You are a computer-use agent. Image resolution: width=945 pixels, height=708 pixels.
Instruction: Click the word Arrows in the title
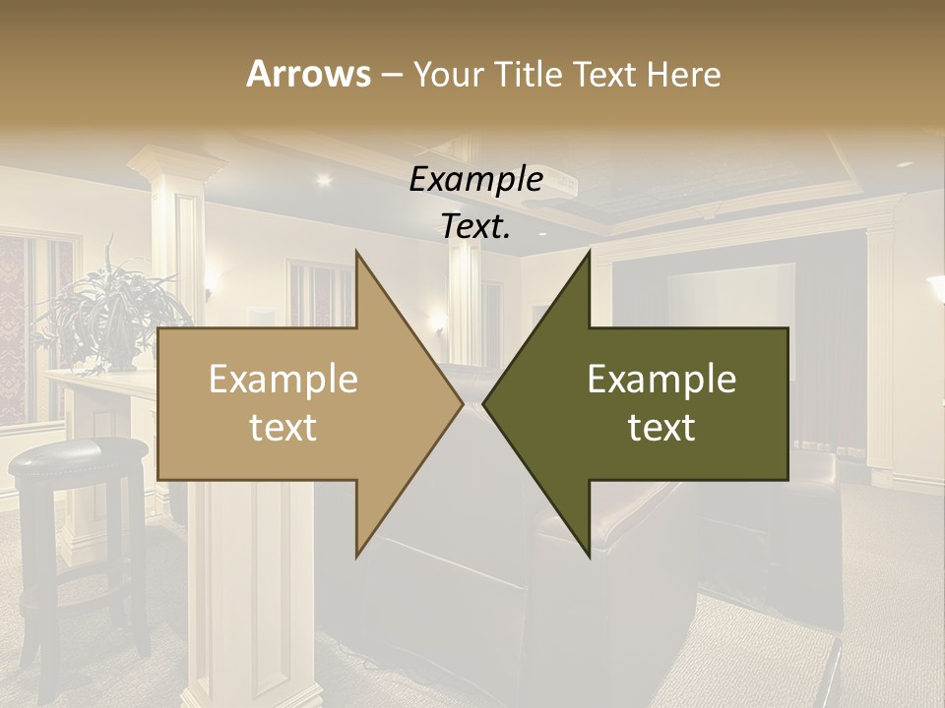(308, 74)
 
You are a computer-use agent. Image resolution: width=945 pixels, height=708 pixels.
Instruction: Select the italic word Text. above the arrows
(475, 227)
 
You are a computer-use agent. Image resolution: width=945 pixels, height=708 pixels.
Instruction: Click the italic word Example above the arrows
(476, 180)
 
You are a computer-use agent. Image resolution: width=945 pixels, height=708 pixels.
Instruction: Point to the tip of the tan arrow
(461, 403)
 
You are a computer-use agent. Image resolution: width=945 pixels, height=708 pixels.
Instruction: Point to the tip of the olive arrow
(485, 403)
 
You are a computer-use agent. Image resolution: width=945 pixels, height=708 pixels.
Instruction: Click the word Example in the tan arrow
(283, 380)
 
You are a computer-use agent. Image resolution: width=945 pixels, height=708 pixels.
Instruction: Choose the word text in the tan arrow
(283, 428)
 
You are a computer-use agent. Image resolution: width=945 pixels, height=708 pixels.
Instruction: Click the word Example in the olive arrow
(661, 380)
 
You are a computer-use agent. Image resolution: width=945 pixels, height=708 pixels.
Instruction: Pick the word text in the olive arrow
(661, 428)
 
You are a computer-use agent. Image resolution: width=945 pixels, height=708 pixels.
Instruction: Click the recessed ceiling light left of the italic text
(323, 179)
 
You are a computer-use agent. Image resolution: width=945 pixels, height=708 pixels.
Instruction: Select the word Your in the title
(446, 74)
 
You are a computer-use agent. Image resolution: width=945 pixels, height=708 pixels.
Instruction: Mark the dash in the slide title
(391, 75)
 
